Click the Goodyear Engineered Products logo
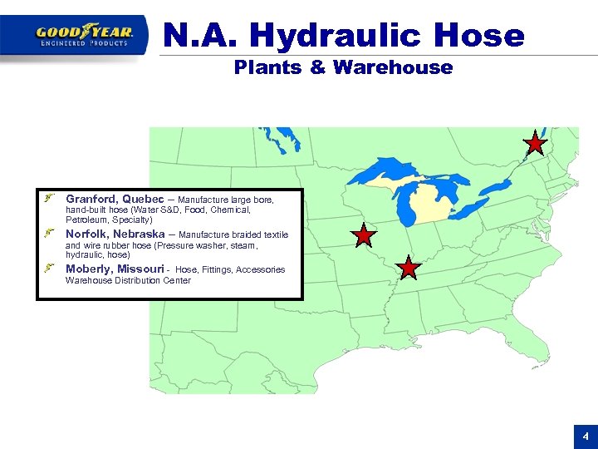click(x=84, y=35)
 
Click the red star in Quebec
click(x=536, y=145)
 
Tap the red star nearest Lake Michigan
click(x=364, y=237)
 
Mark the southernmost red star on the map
click(x=408, y=268)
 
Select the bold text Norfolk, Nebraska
click(x=118, y=234)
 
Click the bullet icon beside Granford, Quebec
click(x=51, y=200)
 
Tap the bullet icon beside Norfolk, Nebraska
click(x=51, y=234)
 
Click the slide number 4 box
click(x=585, y=437)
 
